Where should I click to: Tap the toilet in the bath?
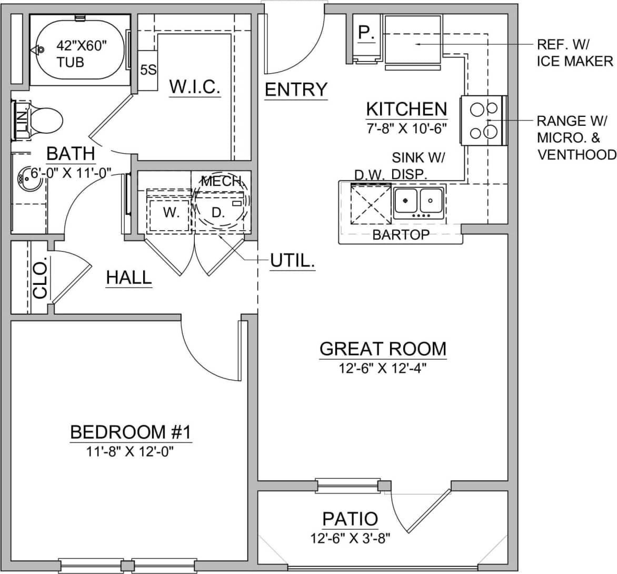click(x=44, y=122)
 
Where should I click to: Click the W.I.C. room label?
click(x=194, y=87)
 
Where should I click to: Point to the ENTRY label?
click(x=296, y=90)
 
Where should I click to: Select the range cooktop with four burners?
click(x=484, y=121)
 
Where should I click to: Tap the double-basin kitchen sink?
click(x=419, y=203)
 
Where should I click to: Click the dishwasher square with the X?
click(x=370, y=204)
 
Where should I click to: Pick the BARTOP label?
click(x=401, y=235)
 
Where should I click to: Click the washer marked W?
click(x=169, y=213)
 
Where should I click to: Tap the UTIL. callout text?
click(x=292, y=260)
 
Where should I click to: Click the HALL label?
click(x=129, y=278)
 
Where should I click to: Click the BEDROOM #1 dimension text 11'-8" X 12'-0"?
click(x=130, y=452)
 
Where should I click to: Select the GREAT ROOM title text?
click(x=383, y=349)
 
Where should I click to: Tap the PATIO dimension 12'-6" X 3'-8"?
click(x=350, y=539)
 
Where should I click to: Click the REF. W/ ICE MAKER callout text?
click(x=574, y=53)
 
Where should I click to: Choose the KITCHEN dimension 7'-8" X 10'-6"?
click(x=406, y=128)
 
